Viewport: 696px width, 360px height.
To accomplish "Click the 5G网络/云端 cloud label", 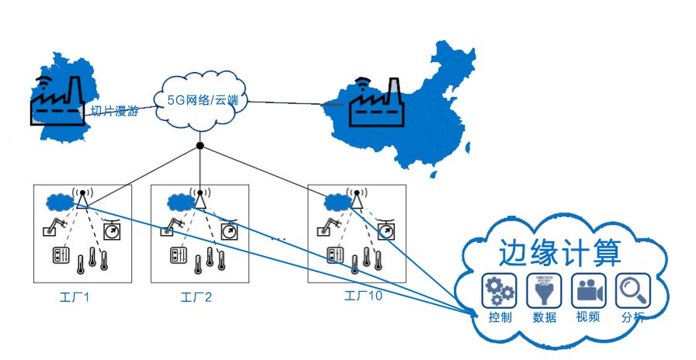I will click(201, 100).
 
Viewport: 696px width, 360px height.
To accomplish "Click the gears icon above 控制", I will click(498, 290).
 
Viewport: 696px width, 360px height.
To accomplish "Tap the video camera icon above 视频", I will click(587, 290).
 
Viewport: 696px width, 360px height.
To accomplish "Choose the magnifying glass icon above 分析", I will click(632, 290).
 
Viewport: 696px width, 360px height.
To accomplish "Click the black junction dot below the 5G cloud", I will click(200, 146).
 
